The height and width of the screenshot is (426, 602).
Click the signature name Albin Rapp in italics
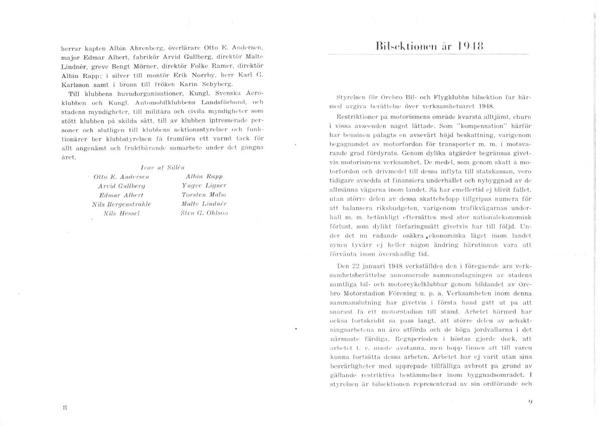click(204, 176)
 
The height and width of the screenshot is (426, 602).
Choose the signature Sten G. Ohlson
click(204, 213)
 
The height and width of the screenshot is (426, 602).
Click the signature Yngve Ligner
click(204, 185)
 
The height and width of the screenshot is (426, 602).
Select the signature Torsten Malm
click(204, 195)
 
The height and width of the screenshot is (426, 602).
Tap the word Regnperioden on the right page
click(426, 339)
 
